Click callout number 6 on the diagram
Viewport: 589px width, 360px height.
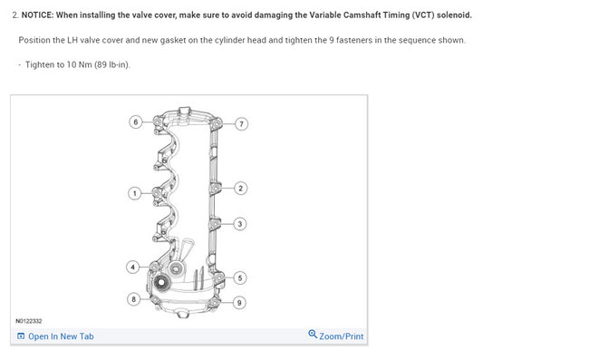[135, 122]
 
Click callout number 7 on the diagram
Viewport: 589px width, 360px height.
[241, 123]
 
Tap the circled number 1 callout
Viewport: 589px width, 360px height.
[134, 193]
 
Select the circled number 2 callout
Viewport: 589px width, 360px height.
[240, 188]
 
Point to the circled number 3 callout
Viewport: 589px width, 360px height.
[240, 223]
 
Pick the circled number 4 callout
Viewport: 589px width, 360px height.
[132, 268]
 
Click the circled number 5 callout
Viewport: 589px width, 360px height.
[240, 277]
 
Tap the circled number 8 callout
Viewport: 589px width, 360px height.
[134, 298]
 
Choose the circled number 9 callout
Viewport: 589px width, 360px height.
[239, 302]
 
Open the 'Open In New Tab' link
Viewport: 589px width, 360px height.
[60, 336]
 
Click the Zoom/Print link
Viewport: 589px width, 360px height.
[341, 336]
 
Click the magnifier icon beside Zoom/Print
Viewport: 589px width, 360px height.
[313, 335]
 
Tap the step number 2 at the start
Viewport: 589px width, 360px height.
[14, 15]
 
